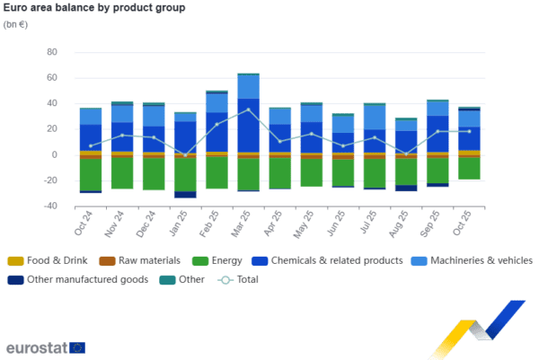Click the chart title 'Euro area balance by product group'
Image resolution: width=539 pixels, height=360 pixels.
(94, 8)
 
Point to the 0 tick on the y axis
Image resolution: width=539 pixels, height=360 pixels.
(52, 155)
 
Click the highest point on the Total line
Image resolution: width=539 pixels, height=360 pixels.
(248, 110)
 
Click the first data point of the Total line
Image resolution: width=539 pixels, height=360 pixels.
(91, 145)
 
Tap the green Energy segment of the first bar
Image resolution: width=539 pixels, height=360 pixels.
(91, 173)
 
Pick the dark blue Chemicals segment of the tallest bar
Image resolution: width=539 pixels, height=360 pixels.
(248, 126)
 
